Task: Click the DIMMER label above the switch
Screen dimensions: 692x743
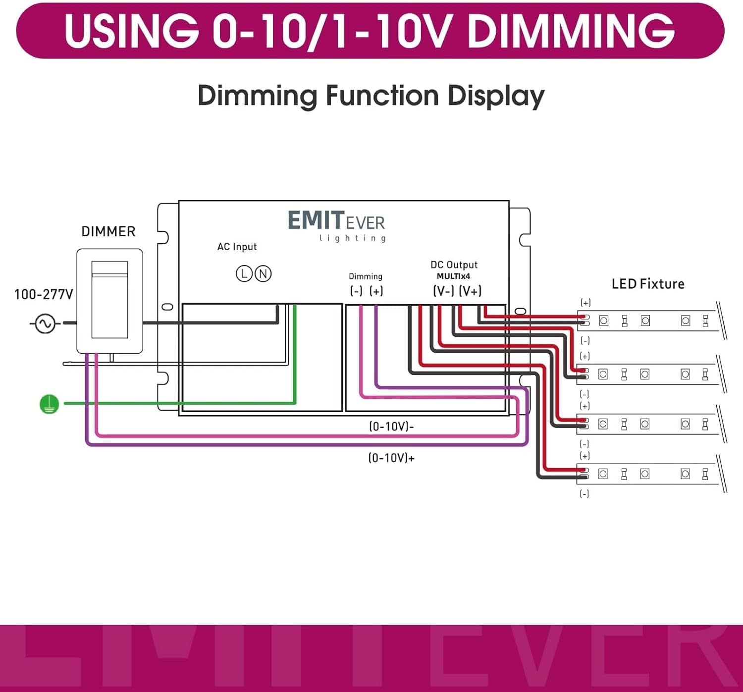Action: [108, 231]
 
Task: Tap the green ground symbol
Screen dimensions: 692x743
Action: [49, 404]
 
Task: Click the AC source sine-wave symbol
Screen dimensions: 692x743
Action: [45, 324]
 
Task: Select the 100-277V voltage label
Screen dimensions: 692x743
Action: [44, 294]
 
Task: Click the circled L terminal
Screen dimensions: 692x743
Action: [244, 273]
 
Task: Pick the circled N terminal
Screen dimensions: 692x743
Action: [263, 273]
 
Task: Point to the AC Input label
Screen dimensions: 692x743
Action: [237, 247]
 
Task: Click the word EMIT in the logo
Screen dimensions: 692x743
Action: [316, 221]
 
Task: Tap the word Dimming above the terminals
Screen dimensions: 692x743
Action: [366, 276]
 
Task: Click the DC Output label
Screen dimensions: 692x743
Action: [454, 265]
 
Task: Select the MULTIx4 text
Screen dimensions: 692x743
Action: [453, 276]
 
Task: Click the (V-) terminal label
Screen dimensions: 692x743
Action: [443, 291]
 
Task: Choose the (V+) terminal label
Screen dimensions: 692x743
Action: [470, 291]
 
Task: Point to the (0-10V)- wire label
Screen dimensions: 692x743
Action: [391, 426]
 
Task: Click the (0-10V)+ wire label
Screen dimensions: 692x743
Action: [391, 458]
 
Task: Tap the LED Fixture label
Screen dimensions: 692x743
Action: [648, 284]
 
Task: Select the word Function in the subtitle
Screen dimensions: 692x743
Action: [382, 96]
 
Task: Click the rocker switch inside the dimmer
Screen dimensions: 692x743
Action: [109, 300]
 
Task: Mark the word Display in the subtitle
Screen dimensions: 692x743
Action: [496, 96]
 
